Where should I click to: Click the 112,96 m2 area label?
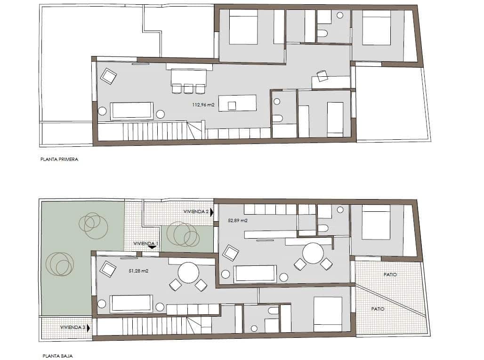coord(203,105)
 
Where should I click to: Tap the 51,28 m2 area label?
coord(138,271)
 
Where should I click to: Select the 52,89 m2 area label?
coord(238,220)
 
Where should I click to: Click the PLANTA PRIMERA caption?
coord(59,160)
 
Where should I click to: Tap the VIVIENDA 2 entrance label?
coord(196,212)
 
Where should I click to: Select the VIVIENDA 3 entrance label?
coord(73,327)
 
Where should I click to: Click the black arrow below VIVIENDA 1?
coord(152,247)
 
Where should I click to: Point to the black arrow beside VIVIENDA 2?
coord(212,212)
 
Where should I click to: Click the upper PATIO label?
coord(390,274)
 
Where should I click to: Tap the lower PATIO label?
coord(378,309)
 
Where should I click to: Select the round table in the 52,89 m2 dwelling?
coord(313,253)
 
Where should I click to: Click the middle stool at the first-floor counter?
coord(189,88)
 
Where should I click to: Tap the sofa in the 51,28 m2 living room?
coord(131,304)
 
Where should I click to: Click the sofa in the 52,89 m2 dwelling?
coord(255,274)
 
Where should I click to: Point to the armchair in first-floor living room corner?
coord(108,76)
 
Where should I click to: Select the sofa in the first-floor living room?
coord(132,111)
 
